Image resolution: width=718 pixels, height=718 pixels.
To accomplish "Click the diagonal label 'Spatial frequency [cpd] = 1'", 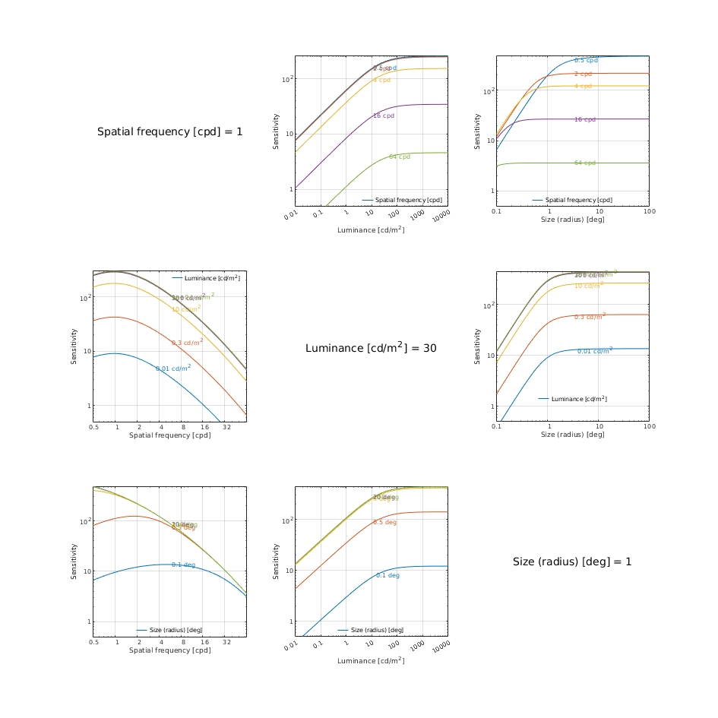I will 170,131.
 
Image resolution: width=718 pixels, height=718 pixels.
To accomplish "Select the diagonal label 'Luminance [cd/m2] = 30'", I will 371,348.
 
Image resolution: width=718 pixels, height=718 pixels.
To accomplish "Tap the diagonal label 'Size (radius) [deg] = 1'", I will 572,561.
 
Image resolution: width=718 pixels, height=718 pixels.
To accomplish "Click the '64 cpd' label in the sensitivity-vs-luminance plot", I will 400,157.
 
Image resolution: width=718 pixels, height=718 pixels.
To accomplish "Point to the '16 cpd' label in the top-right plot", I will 585,119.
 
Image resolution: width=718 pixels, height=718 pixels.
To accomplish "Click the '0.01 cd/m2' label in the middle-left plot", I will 173,368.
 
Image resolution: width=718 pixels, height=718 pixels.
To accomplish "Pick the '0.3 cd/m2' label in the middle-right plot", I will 590,316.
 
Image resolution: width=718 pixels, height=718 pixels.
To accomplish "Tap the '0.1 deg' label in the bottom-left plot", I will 183,565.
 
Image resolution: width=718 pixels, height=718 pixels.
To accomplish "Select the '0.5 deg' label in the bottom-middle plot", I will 384,522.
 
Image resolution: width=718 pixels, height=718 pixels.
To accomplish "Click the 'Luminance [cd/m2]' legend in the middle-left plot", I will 211,278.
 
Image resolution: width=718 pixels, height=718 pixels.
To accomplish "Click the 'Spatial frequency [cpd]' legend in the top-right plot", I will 578,200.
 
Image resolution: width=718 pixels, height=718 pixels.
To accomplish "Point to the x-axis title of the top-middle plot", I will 371,229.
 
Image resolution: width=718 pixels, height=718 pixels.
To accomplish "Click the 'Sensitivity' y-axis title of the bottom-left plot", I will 74,561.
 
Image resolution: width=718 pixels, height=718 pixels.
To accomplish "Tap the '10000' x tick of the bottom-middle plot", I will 441,647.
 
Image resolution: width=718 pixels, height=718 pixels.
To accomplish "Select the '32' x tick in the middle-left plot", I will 226,428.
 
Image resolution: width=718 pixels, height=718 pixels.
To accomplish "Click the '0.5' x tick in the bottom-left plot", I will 93,642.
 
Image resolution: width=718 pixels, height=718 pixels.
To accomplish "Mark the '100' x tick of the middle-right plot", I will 649,428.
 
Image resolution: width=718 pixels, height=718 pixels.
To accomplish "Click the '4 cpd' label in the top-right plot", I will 583,86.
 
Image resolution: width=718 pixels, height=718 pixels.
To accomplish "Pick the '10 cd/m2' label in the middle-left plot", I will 186,309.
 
